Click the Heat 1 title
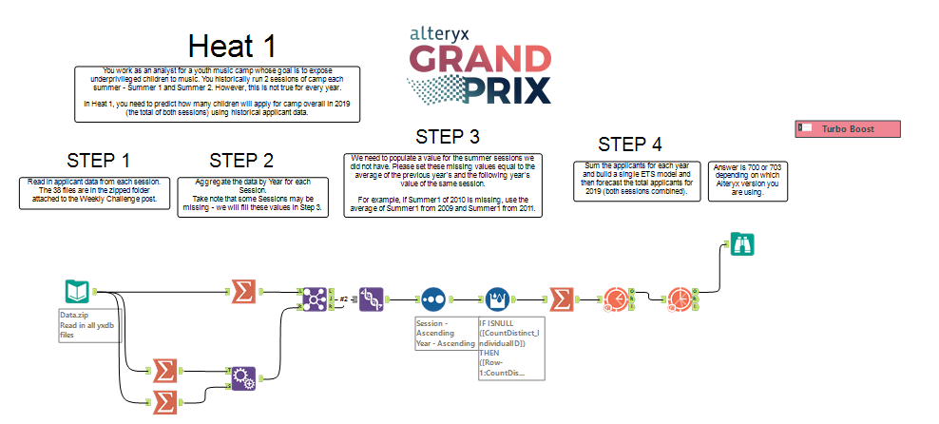232,46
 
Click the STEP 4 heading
630,145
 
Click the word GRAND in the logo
480,61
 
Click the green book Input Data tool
79,291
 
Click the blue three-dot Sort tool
433,299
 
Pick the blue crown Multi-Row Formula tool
498,299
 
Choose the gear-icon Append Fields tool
243,378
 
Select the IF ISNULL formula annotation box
510,348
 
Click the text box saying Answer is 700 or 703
743,181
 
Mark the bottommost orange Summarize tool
164,402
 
